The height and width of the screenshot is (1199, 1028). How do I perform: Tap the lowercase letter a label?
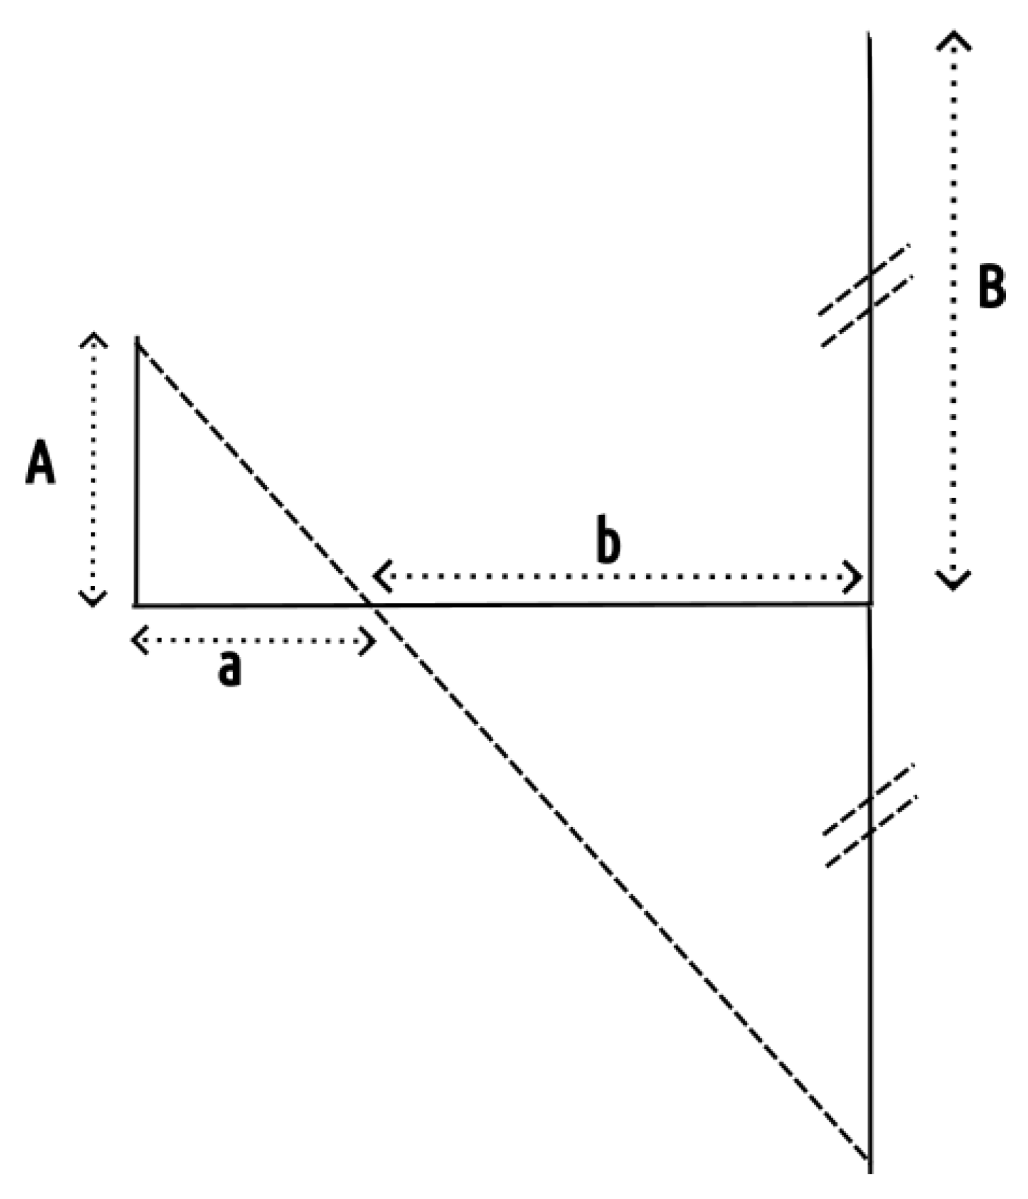[229, 668]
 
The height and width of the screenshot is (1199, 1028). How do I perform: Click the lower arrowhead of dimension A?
[93, 601]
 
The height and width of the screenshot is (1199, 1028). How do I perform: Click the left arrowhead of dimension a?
[138, 640]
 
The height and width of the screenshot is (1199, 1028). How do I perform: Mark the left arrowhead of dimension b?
[381, 576]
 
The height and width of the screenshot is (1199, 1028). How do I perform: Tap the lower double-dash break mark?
[870, 815]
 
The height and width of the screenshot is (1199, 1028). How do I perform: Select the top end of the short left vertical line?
[138, 339]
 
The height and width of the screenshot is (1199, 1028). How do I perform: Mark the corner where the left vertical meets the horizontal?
[136, 605]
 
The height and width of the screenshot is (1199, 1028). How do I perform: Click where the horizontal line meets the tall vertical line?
[870, 604]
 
